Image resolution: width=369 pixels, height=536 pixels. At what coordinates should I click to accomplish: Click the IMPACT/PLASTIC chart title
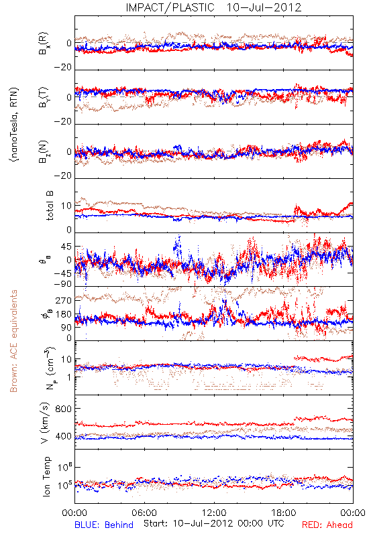(170, 7)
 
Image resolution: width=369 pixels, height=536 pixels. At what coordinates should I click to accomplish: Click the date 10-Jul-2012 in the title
(264, 7)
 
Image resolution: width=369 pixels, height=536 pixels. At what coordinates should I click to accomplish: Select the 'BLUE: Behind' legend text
(104, 525)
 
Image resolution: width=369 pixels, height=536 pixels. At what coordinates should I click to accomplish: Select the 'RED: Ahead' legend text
(327, 525)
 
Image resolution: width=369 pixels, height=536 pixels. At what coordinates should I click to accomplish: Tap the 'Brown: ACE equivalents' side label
(13, 341)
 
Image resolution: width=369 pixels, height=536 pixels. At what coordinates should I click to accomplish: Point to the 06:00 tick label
(144, 513)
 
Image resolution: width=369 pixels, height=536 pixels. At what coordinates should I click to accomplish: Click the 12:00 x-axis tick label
(214, 513)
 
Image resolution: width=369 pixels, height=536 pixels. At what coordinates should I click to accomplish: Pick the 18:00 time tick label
(284, 513)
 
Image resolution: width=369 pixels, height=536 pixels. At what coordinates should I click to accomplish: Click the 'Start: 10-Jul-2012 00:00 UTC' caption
(213, 523)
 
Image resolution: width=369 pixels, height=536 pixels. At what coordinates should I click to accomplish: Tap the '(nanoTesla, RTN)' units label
(13, 124)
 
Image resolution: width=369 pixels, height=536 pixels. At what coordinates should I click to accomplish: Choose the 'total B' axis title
(49, 206)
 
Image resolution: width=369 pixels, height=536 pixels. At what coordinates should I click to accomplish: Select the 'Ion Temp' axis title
(46, 476)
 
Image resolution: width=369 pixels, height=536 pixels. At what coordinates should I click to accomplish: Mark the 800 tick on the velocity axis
(63, 409)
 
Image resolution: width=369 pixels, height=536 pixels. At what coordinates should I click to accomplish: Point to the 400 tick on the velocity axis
(63, 436)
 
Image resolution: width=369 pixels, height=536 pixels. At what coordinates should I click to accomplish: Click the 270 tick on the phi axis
(64, 300)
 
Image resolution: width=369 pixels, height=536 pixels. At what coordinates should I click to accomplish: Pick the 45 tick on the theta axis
(66, 246)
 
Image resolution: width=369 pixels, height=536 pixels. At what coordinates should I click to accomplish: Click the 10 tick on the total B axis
(66, 206)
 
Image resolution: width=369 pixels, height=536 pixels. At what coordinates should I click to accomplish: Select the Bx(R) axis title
(44, 43)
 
